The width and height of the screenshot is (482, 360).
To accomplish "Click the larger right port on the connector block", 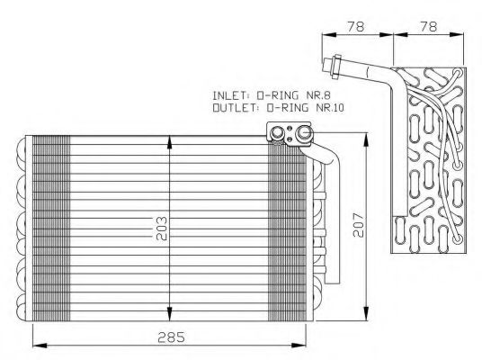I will click(303, 135).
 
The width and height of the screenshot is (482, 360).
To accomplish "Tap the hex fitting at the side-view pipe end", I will click(334, 65).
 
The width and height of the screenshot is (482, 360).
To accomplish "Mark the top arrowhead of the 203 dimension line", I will click(170, 139).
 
